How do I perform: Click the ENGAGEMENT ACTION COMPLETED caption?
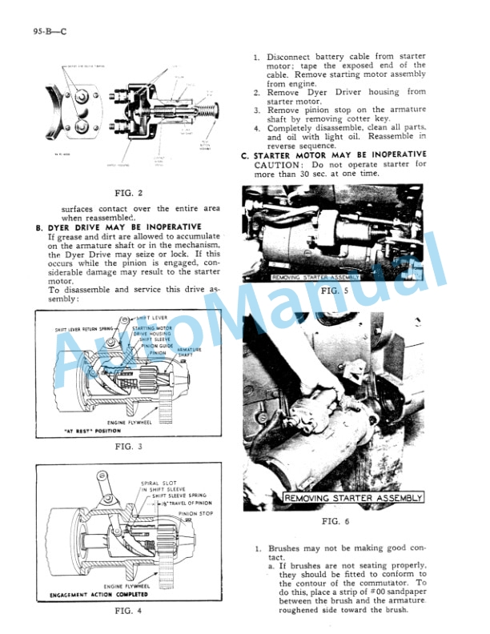98,595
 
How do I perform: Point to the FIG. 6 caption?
336,521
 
